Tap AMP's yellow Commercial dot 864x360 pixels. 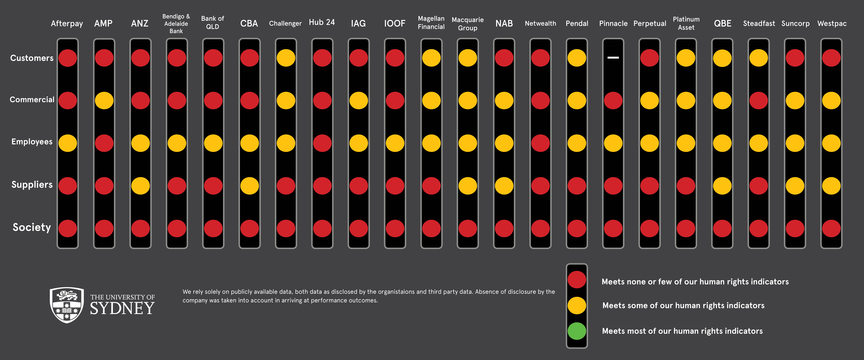tap(104, 100)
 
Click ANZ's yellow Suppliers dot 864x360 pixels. tap(140, 186)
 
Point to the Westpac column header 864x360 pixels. tap(832, 23)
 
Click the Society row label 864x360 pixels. tap(32, 227)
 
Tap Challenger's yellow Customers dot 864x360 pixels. tap(286, 58)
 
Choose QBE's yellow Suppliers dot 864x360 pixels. tap(722, 186)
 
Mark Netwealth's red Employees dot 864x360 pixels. tap(540, 143)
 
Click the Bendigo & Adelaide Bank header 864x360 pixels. tap(176, 23)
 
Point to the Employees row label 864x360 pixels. tap(32, 142)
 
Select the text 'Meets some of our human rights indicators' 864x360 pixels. tap(683, 305)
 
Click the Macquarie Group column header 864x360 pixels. tap(468, 23)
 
